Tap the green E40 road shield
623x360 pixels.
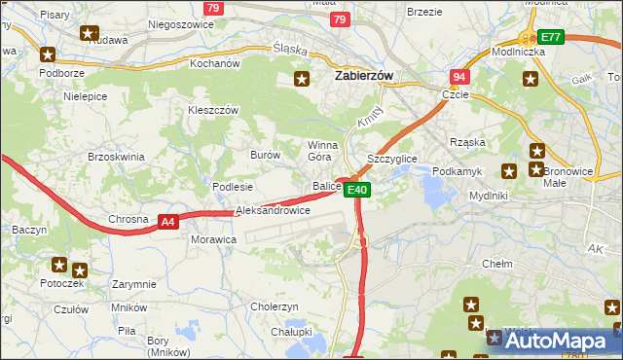coord(357,190)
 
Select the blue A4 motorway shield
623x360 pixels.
coord(168,222)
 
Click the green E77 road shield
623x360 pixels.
coord(551,37)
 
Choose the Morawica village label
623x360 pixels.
coord(213,238)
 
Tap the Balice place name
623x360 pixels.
coord(326,186)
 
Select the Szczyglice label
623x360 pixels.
coord(391,158)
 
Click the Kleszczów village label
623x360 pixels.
coord(213,111)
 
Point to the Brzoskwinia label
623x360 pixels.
coord(116,157)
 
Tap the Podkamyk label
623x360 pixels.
coord(457,171)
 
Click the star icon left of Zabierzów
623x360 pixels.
coord(303,79)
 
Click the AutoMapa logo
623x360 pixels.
coord(552,341)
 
